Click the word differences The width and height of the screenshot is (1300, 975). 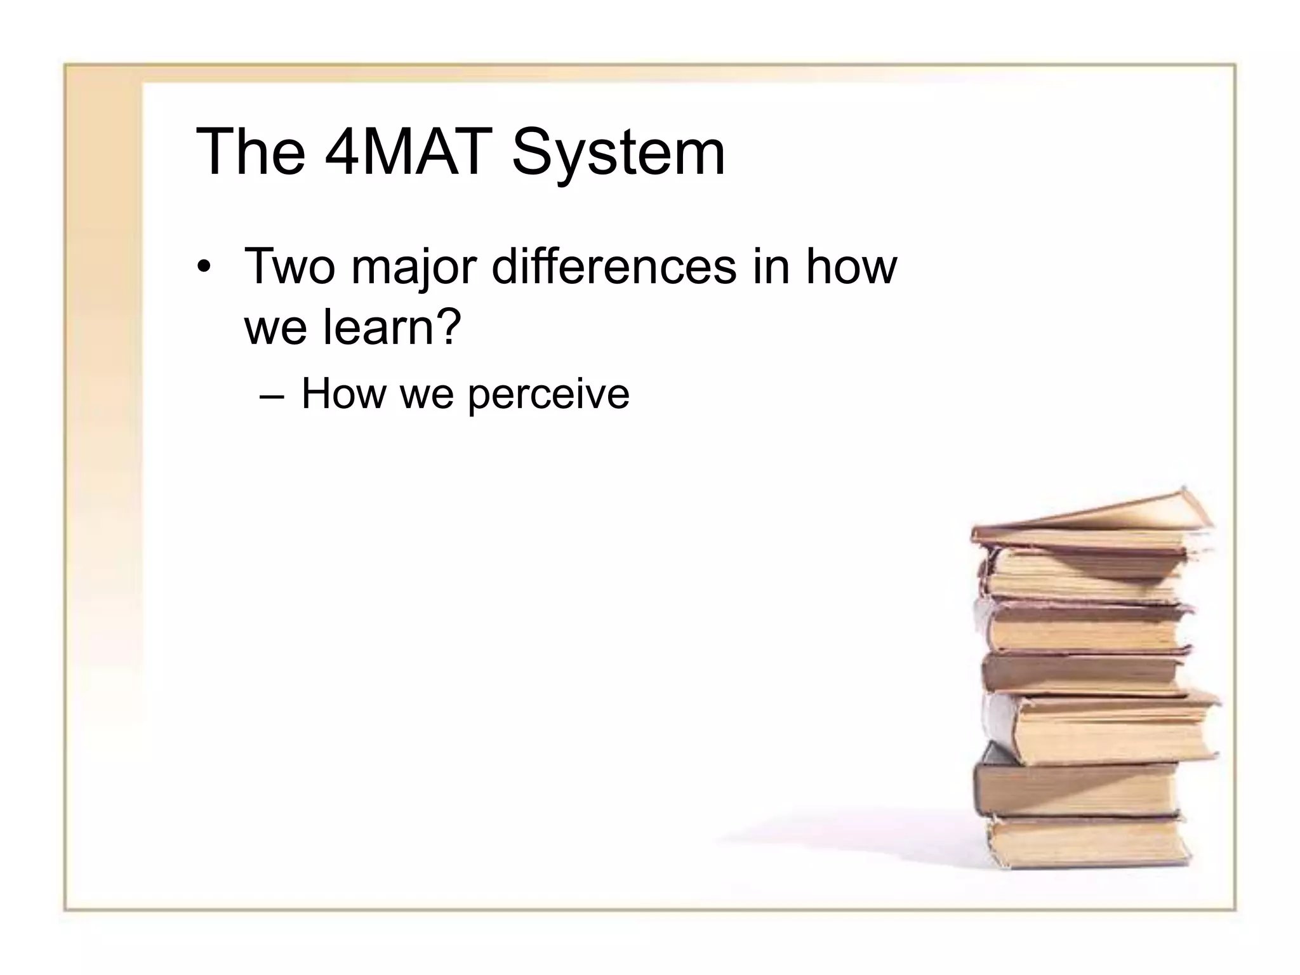tap(614, 267)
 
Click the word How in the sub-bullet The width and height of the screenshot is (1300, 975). tap(343, 394)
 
